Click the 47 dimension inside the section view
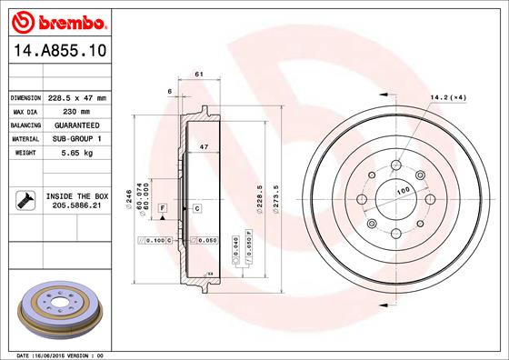click(x=204, y=146)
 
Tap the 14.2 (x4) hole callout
click(x=449, y=97)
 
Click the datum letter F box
click(x=162, y=209)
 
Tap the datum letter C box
click(x=196, y=209)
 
